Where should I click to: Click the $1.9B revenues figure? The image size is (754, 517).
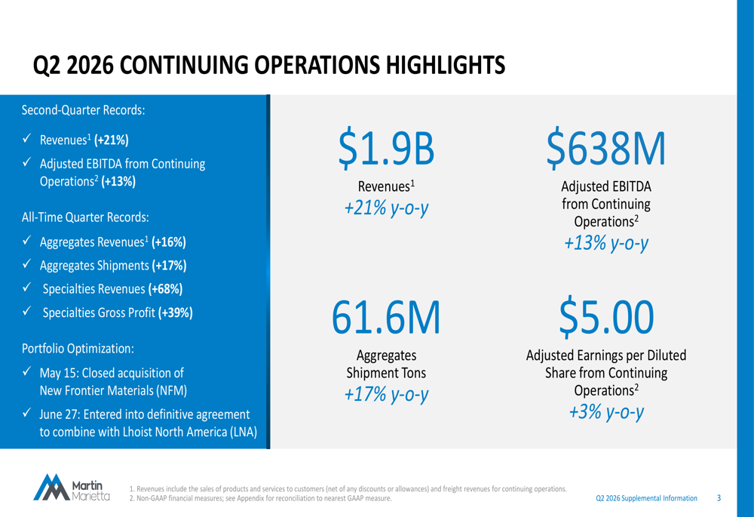pos(386,148)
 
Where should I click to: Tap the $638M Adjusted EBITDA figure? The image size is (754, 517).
pos(606,148)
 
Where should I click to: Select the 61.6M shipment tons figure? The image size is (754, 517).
pos(386,317)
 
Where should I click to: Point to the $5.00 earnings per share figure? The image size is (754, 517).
pos(606,317)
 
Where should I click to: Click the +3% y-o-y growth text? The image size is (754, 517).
pos(606,412)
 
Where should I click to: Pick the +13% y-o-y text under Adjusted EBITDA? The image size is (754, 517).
pos(606,243)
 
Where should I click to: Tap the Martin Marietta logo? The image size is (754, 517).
pos(72,487)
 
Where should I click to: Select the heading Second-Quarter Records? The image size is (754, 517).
pos(83,110)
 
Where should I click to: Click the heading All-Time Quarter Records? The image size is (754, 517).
pos(85,217)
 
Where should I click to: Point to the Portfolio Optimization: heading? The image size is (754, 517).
pos(78,349)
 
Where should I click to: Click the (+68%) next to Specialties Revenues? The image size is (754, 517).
pos(165,289)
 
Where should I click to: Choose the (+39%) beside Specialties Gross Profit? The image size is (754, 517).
pos(176,312)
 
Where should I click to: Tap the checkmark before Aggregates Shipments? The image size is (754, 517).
pos(27,264)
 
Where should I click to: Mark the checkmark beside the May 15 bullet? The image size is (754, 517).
pos(27,371)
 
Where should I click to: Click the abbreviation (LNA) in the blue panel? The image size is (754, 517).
pos(244,432)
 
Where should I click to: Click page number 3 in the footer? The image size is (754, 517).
pos(719,498)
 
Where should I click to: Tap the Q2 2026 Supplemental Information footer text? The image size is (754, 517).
pos(646,498)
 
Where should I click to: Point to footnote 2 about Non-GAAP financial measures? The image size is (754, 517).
pos(261,499)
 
